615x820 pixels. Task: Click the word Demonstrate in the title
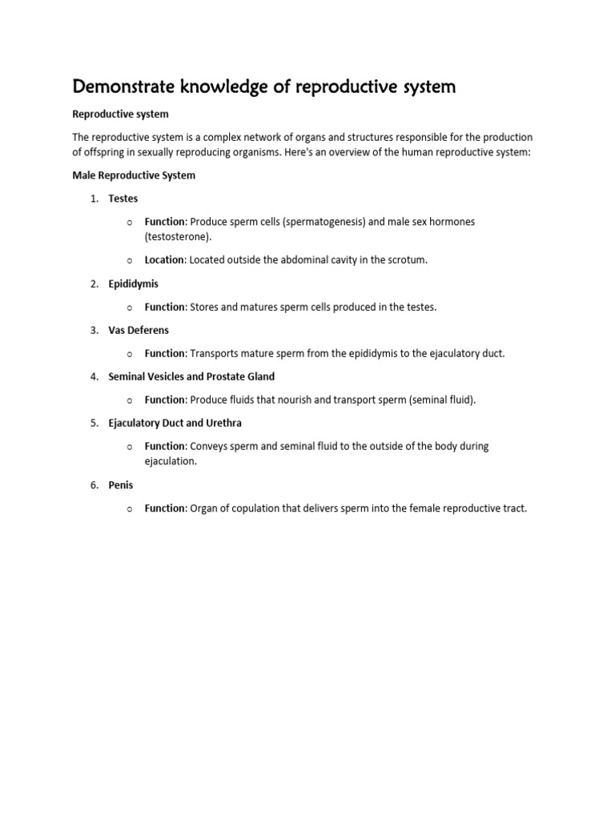coord(122,86)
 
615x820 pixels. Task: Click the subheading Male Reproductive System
coord(134,175)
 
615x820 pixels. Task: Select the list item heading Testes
coord(123,199)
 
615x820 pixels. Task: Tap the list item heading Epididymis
coord(133,283)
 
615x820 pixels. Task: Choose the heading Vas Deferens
coord(139,330)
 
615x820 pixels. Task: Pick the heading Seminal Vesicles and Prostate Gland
coord(191,376)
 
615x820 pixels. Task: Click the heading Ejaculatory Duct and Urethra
coord(175,423)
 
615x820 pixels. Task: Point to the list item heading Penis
coord(121,485)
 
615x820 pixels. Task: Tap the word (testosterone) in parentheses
coord(178,237)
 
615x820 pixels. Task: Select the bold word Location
coord(165,260)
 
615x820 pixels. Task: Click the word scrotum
coord(408,260)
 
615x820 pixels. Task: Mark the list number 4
coord(94,376)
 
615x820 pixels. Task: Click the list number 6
coord(94,485)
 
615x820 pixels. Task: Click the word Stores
coord(203,307)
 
